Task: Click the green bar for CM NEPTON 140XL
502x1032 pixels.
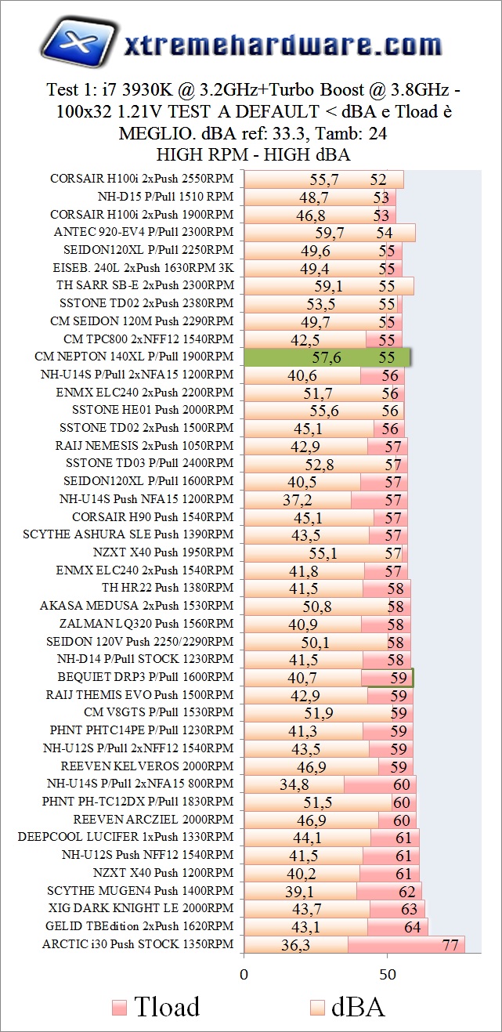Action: (x=327, y=357)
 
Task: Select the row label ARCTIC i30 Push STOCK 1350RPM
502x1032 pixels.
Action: (x=138, y=943)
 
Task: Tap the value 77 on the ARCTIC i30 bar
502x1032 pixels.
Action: (x=450, y=945)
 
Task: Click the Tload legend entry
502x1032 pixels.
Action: (x=156, y=1006)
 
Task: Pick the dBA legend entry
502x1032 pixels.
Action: (x=349, y=1006)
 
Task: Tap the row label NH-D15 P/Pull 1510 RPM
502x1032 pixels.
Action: (x=165, y=197)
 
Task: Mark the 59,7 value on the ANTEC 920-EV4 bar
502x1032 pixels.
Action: (x=330, y=233)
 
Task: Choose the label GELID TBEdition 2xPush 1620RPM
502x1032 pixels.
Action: (x=140, y=925)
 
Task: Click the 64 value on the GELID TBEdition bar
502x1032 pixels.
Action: (x=412, y=927)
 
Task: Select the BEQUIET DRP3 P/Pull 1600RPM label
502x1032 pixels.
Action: (x=146, y=676)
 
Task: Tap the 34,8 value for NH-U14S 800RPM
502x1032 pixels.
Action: (x=294, y=784)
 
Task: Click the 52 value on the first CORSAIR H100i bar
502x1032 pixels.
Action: (x=379, y=179)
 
